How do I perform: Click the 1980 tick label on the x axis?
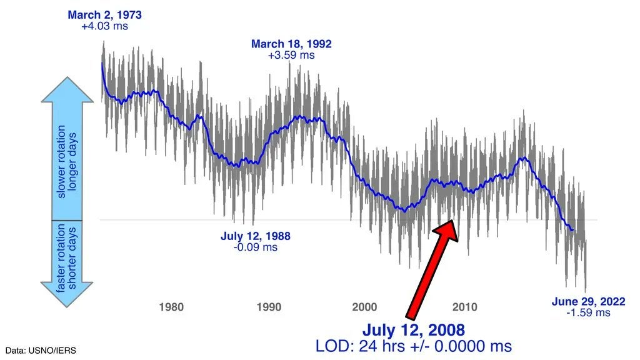coord(171,307)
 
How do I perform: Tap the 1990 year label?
coord(268,307)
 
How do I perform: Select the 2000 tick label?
coord(365,307)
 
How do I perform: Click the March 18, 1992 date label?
coord(291,44)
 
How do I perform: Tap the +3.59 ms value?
coord(291,55)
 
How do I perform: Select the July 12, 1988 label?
coord(255,236)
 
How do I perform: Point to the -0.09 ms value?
coord(255,247)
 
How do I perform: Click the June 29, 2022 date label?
coord(588,301)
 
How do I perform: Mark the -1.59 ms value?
coord(588,312)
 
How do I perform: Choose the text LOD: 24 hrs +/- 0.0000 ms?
coord(414,346)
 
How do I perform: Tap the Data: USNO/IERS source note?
coord(42,351)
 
